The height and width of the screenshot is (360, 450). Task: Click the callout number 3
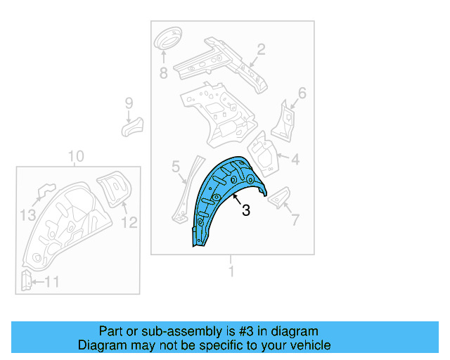click(246, 210)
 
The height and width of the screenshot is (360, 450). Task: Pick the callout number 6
click(302, 93)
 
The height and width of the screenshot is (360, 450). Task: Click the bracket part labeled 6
click(284, 120)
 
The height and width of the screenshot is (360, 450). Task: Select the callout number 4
click(295, 160)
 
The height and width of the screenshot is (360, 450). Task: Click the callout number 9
click(129, 103)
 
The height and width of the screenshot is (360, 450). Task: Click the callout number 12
click(130, 223)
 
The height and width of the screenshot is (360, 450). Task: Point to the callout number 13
click(27, 214)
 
